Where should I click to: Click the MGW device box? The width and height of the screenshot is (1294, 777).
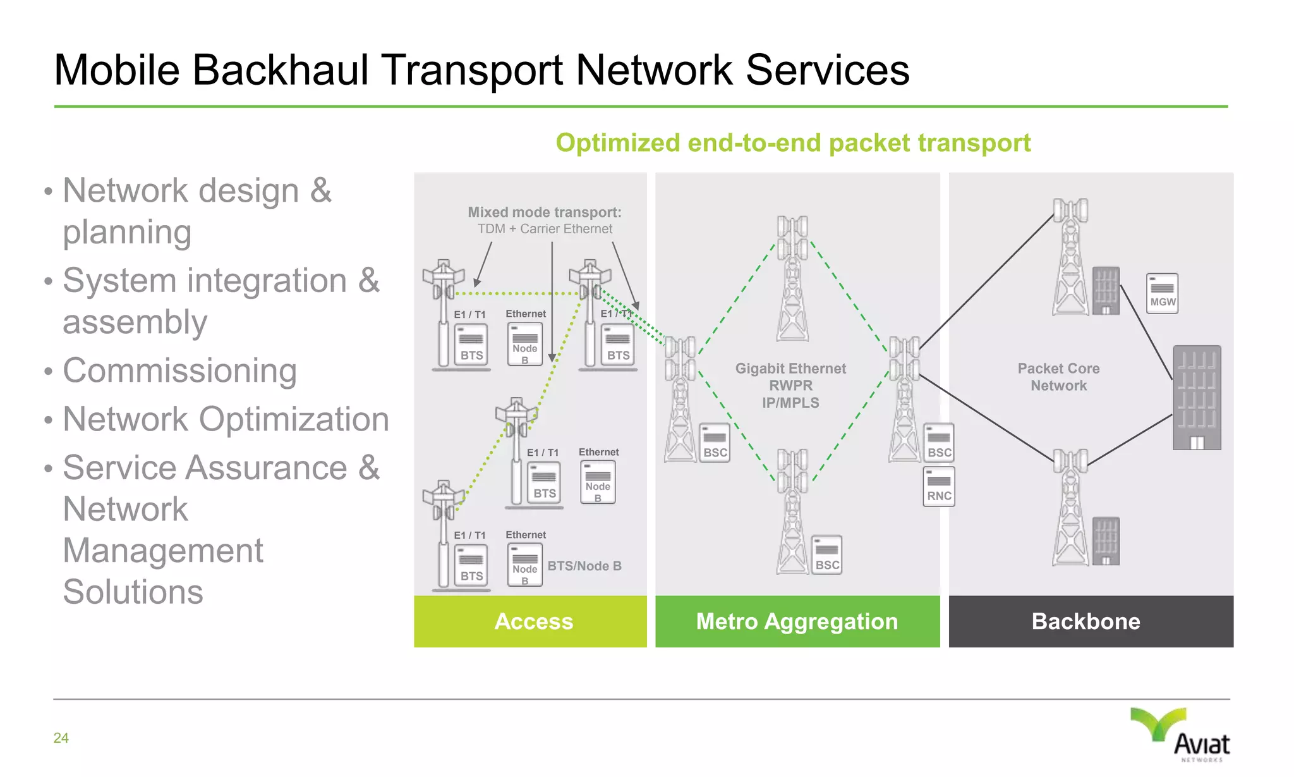pos(1162,293)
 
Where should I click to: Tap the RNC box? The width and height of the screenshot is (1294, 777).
pos(939,487)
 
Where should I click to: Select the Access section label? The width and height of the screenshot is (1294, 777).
pos(533,621)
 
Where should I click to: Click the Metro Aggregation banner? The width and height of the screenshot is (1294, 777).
pos(797,621)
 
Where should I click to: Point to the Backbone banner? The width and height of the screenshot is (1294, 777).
pos(1085,621)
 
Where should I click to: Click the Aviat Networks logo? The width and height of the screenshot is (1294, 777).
pos(1181,735)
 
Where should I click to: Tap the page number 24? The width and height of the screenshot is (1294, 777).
pos(61,738)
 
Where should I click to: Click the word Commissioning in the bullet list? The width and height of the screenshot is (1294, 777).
pos(179,370)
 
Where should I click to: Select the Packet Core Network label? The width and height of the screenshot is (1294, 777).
pos(1058,377)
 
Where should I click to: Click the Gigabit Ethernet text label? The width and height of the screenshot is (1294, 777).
pos(790,369)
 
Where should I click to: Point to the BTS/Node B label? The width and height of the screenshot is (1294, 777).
pos(584,566)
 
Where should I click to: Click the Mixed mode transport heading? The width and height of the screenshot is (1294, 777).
pos(544,212)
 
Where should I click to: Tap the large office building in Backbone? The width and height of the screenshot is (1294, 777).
pos(1197,398)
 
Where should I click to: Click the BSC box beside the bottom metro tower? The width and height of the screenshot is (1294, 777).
pos(826,556)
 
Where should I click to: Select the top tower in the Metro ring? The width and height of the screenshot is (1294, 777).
pos(792,278)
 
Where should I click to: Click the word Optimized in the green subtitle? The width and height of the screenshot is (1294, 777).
pos(617,143)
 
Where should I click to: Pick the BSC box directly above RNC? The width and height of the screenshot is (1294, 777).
pos(939,443)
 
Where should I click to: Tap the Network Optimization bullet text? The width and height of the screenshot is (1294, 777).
pos(226,419)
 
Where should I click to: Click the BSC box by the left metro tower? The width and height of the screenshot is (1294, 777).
pos(715,443)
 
